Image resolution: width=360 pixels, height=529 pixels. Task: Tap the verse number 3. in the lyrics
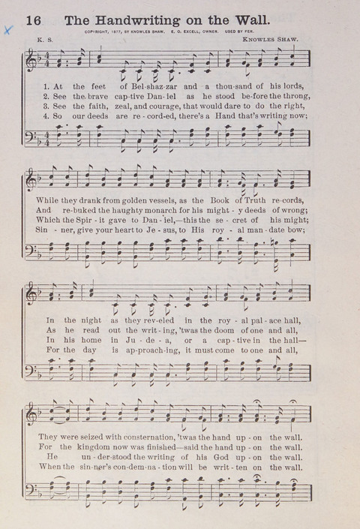click(x=46, y=108)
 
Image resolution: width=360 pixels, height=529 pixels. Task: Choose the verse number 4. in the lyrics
click(x=46, y=119)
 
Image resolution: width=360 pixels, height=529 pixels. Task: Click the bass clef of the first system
click(x=31, y=141)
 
